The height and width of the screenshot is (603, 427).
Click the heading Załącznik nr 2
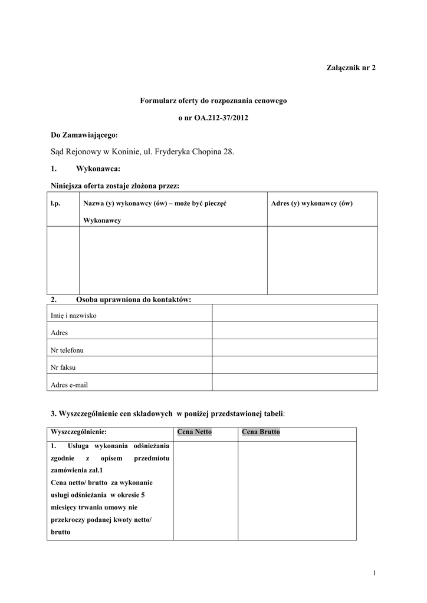click(x=350, y=68)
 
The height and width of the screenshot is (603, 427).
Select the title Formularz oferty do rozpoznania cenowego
click(x=213, y=101)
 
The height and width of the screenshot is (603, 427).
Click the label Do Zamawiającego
click(x=84, y=135)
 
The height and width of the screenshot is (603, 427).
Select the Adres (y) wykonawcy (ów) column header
click(x=311, y=204)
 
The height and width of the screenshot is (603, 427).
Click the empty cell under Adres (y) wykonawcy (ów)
click(x=322, y=260)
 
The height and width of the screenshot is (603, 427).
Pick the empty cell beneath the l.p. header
click(x=63, y=260)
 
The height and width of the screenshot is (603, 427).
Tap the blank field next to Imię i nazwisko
click(x=294, y=313)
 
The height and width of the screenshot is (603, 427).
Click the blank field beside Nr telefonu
click(x=294, y=347)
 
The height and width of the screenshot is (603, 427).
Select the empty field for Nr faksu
click(x=294, y=365)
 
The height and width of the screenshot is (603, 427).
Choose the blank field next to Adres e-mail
click(x=294, y=382)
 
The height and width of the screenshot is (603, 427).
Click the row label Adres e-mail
click(x=70, y=385)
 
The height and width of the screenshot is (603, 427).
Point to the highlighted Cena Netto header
click(x=194, y=432)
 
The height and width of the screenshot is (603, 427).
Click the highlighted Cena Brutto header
click(x=261, y=432)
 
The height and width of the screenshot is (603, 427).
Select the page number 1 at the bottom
click(x=375, y=573)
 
